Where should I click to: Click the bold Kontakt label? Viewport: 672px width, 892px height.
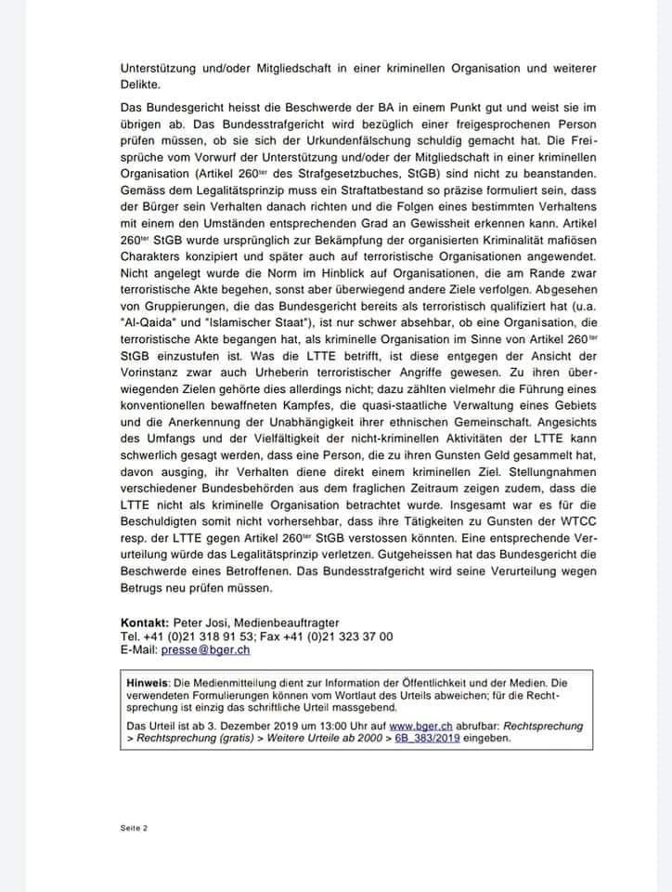coord(148,622)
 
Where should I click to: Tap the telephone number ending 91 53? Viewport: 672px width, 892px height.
coord(197,636)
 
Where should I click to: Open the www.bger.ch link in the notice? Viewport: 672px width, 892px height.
coord(414,726)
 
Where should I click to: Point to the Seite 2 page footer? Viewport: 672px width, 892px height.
coord(135,827)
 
